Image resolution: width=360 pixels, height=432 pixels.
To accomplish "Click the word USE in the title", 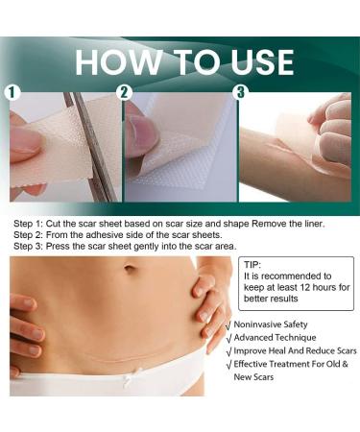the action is tap(262, 62).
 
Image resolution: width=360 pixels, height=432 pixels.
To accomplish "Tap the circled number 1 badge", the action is tap(12, 92).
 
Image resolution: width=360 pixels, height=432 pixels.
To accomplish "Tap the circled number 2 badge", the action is tap(124, 92).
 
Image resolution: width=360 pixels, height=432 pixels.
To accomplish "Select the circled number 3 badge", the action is tap(241, 92).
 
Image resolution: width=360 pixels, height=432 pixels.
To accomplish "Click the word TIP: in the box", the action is tap(252, 265).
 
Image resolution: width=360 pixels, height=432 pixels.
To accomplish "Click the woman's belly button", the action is tap(130, 267).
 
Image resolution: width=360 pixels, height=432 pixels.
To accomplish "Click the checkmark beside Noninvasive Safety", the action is tap(228, 325).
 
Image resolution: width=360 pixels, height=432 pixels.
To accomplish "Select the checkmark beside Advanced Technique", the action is tap(228, 338).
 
